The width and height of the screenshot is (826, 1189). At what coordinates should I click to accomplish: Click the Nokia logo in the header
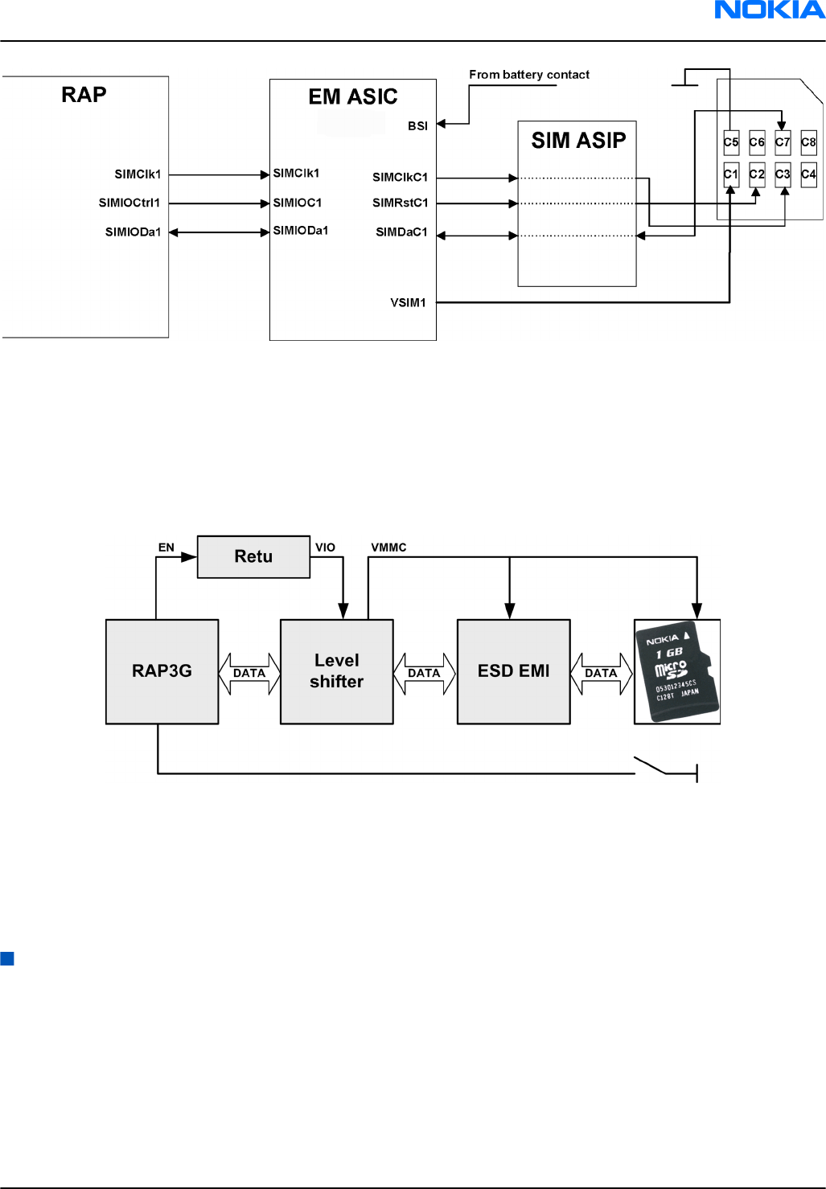coord(769,10)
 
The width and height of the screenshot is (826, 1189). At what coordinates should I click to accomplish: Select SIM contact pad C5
coord(730,142)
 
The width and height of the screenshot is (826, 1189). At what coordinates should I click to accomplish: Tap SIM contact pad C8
coord(808,142)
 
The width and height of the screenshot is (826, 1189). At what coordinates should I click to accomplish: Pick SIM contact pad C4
coord(808,174)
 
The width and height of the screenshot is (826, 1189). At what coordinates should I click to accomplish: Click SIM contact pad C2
coord(757,174)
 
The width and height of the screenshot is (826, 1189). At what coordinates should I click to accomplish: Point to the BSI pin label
coord(417,126)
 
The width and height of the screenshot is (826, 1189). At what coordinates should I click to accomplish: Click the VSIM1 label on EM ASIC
coord(408,303)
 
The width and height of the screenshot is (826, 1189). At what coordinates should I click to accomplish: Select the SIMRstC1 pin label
coord(400,203)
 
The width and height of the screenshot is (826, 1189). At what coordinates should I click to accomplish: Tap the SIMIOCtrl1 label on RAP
coord(129,203)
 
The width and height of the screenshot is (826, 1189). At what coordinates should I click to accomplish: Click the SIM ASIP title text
coord(578,141)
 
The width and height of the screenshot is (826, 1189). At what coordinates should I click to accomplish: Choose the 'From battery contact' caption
coord(529,75)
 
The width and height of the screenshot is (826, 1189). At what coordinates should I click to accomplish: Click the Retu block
coord(253,556)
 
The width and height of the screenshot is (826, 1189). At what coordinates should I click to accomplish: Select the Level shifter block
coord(336,671)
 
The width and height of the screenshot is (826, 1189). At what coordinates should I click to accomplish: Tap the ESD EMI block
coord(513,671)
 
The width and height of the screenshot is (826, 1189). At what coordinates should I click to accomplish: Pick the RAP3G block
coord(162,671)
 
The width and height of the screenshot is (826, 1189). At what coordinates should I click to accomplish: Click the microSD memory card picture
coord(676,671)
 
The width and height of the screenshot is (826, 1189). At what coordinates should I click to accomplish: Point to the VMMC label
coord(388,547)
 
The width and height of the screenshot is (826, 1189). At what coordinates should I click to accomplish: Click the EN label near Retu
coord(166,547)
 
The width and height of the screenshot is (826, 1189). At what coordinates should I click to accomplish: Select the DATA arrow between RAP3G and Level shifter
coord(249,673)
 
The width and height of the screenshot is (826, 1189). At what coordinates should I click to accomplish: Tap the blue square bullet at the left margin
coord(7,958)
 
